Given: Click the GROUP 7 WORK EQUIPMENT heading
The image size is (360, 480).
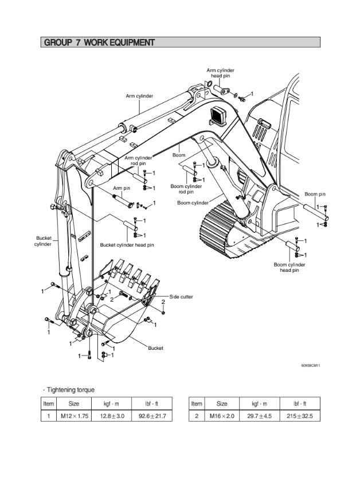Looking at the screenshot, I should coord(99,42).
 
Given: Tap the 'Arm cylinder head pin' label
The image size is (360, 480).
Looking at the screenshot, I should coord(220,73).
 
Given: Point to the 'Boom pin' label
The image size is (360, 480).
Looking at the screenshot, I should coord(315,194).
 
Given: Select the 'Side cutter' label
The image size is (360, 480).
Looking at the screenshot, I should coord(181,296).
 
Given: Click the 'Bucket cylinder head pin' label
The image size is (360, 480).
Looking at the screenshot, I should coord(127,245).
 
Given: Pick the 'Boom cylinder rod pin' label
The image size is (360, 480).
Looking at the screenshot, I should coord(186,189).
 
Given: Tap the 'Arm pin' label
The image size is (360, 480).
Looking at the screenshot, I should coord(121,188).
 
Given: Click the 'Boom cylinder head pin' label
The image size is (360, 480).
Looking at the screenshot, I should coord(289,267).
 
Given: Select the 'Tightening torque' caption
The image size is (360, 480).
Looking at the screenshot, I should coord(71,390).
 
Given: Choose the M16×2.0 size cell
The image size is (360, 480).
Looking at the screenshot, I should coord(222,416).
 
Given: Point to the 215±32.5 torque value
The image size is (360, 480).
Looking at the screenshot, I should coord(300,416).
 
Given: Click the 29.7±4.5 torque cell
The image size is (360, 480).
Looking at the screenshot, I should coord(260,416).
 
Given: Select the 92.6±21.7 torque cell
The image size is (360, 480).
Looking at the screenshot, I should coord(152,416).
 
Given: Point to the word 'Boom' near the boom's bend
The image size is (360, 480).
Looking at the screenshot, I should coord(179,155).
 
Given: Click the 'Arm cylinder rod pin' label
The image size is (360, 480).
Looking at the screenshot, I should coord(138,160).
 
